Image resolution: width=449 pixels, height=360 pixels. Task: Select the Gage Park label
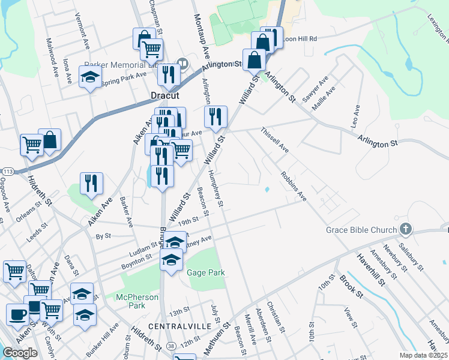coord(206,272)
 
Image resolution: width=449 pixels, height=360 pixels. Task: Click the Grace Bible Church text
coord(361,230)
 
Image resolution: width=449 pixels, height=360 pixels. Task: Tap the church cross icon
coord(406,229)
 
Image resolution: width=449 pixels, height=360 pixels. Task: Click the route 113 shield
coord(8,171)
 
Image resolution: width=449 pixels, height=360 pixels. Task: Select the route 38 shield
coord(172,346)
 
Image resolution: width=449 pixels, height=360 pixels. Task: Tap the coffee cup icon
coord(18,313)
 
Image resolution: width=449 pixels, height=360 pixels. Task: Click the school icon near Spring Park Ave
coord(91,77)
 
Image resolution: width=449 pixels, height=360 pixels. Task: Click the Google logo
coord(20,353)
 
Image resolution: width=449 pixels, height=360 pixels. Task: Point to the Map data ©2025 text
coord(423,355)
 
